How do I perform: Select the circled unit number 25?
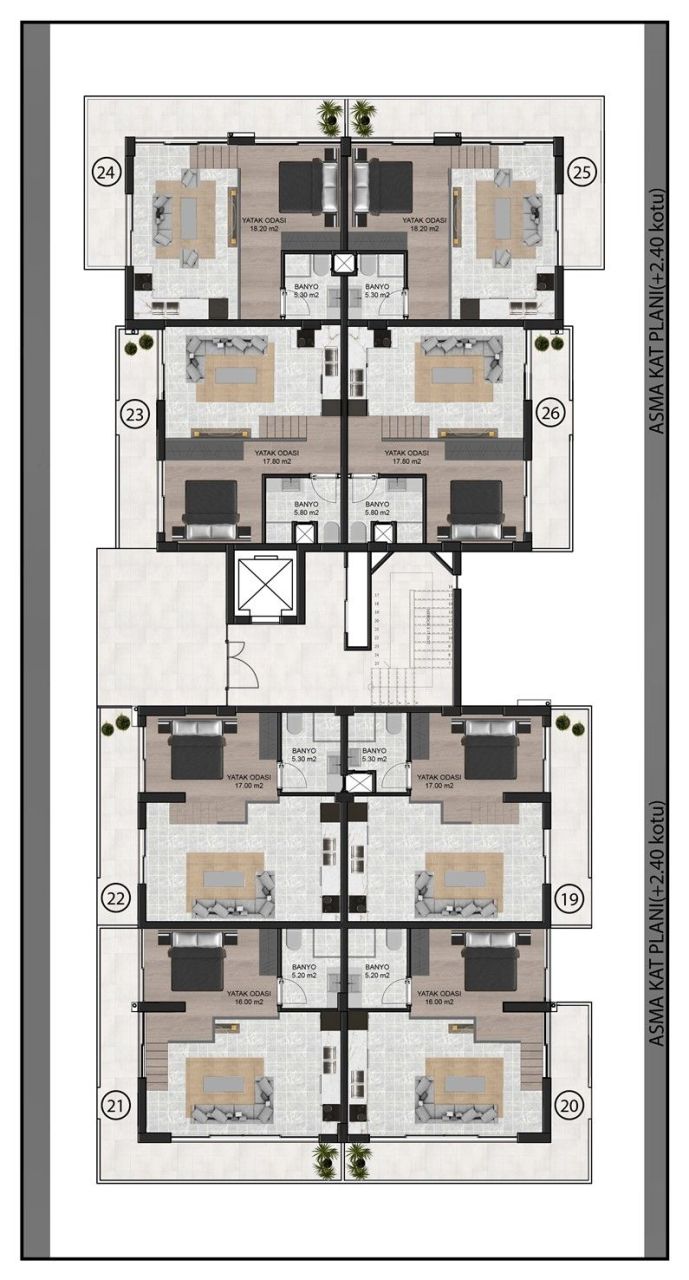click(x=582, y=172)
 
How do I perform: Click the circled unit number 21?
click(x=117, y=1105)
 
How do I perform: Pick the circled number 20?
click(x=570, y=1105)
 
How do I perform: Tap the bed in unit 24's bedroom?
click(x=299, y=186)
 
